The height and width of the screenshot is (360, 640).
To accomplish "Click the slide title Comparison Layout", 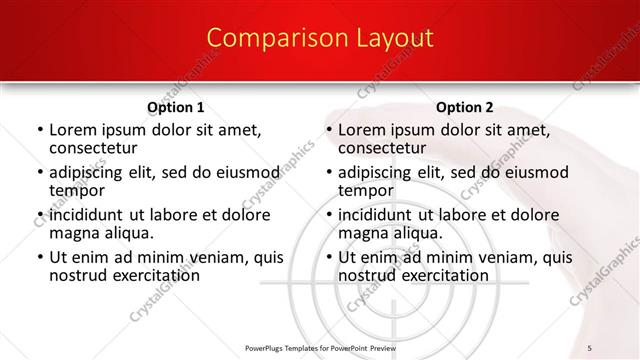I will pos(320,38).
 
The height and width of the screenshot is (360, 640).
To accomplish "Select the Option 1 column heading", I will pos(176,107).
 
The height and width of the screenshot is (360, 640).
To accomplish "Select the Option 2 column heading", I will pos(465,107).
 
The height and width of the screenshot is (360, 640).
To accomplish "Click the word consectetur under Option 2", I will pos(383,148).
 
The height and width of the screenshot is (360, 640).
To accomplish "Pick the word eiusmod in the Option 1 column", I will pos(237,172).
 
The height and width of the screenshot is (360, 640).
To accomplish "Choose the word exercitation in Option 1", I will pos(146,275).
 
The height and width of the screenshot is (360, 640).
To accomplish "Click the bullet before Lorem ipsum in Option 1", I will pos(39,131).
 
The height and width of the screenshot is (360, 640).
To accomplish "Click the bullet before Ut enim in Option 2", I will pos(328,257).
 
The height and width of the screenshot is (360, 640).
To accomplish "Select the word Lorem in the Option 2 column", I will pos(361,130).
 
